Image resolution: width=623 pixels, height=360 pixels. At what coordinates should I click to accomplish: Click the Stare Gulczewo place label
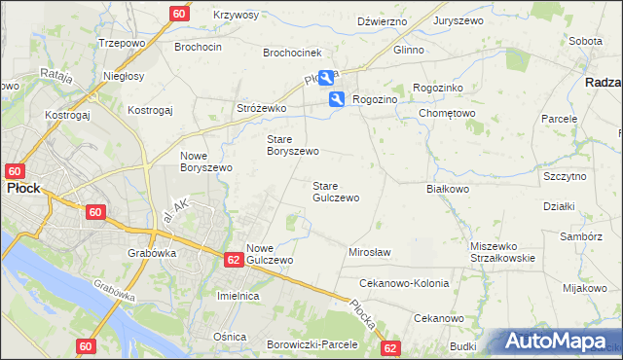point(335,192)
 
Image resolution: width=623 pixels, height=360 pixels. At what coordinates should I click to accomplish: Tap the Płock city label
point(23,189)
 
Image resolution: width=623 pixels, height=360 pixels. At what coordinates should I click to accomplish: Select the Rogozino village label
point(377,98)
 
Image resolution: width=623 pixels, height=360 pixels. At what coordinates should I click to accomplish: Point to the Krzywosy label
point(236,16)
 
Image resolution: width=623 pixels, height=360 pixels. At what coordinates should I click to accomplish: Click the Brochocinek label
point(292,53)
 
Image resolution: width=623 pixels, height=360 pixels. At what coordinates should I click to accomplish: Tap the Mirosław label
point(369,252)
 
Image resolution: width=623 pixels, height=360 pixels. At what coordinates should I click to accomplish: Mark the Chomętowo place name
point(447,113)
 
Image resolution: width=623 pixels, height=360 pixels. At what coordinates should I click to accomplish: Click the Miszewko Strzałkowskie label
point(502,252)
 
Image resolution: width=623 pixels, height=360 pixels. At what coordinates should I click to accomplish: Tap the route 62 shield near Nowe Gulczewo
point(233,259)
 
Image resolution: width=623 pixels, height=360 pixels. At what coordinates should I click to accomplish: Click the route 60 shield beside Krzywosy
point(178,14)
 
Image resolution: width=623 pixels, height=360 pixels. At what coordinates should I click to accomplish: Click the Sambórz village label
point(580,236)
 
